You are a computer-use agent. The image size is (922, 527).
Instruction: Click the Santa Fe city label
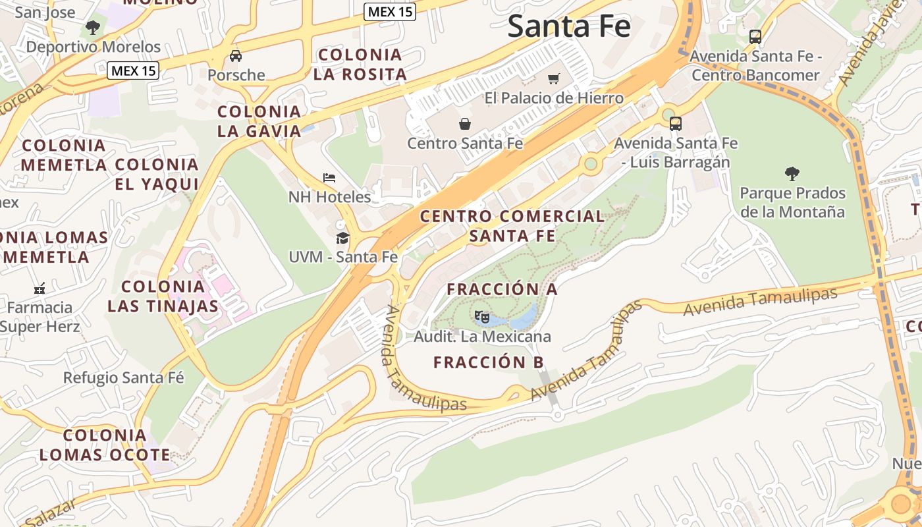pyautogui.click(x=569, y=26)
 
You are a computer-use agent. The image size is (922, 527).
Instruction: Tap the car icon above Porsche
pyautogui.click(x=236, y=56)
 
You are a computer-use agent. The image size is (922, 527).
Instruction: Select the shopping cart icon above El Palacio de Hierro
pyautogui.click(x=554, y=78)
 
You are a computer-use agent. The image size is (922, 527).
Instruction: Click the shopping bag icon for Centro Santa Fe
pyautogui.click(x=465, y=123)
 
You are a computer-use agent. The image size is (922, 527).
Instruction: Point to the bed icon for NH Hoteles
pyautogui.click(x=329, y=177)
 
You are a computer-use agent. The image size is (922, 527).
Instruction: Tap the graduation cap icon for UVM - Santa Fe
pyautogui.click(x=342, y=238)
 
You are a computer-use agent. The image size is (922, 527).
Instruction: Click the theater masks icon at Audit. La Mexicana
pyautogui.click(x=482, y=317)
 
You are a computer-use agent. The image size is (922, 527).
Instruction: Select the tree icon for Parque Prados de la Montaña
pyautogui.click(x=792, y=174)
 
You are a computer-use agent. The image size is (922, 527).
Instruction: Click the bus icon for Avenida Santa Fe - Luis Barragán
pyautogui.click(x=676, y=123)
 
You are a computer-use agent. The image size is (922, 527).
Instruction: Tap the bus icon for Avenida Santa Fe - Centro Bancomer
pyautogui.click(x=755, y=37)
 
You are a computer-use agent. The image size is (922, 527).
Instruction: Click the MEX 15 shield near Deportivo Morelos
pyautogui.click(x=134, y=70)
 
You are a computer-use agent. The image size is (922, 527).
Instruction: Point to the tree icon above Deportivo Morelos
pyautogui.click(x=93, y=28)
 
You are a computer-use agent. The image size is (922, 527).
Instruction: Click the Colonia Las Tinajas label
pyautogui.click(x=163, y=296)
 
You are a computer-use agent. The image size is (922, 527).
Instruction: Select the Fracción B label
pyautogui.click(x=489, y=362)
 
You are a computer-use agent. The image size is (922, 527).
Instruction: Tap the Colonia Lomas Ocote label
pyautogui.click(x=105, y=445)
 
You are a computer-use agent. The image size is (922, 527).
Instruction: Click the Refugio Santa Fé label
pyautogui.click(x=124, y=377)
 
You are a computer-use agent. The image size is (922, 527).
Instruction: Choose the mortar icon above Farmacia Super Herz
pyautogui.click(x=40, y=288)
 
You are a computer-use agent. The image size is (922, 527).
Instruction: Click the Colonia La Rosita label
pyautogui.click(x=360, y=64)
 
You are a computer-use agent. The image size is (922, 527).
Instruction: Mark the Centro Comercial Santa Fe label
pyautogui.click(x=512, y=225)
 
